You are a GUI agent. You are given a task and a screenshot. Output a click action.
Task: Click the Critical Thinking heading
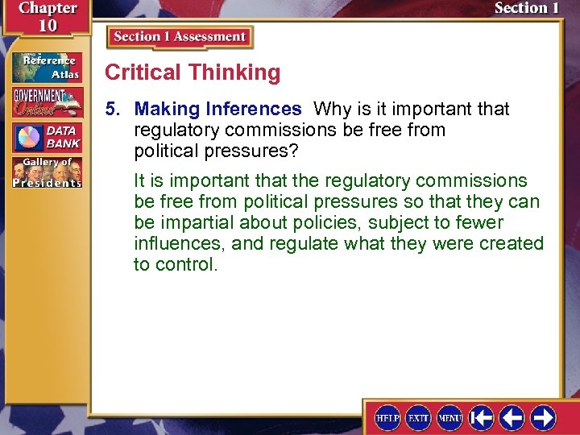click(x=193, y=72)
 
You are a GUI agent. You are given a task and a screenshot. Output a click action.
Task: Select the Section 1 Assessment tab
click(x=180, y=37)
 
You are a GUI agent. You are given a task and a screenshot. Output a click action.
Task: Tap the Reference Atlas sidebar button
click(x=46, y=66)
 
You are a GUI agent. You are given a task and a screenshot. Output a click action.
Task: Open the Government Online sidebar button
click(x=46, y=101)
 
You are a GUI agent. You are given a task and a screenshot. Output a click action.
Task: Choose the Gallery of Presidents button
click(x=46, y=172)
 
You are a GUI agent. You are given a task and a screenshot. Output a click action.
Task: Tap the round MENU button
click(x=449, y=417)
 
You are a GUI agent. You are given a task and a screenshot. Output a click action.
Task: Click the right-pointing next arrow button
click(x=542, y=417)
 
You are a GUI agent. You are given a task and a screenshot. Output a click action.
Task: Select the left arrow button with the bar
click(x=481, y=417)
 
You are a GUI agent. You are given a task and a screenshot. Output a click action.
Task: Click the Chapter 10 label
click(x=47, y=16)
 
